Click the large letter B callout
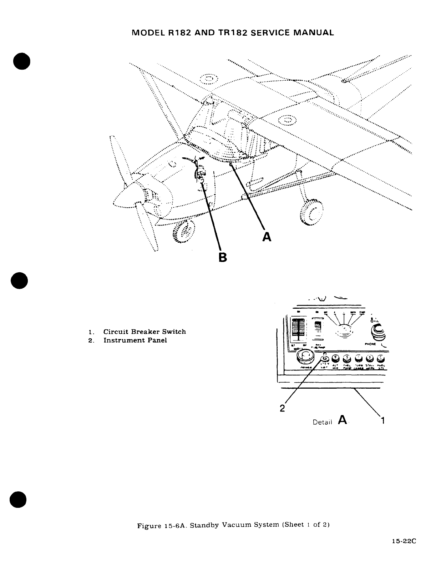223,257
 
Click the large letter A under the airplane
267,236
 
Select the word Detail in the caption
322,422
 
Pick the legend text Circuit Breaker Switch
145,332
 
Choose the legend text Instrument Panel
135,340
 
